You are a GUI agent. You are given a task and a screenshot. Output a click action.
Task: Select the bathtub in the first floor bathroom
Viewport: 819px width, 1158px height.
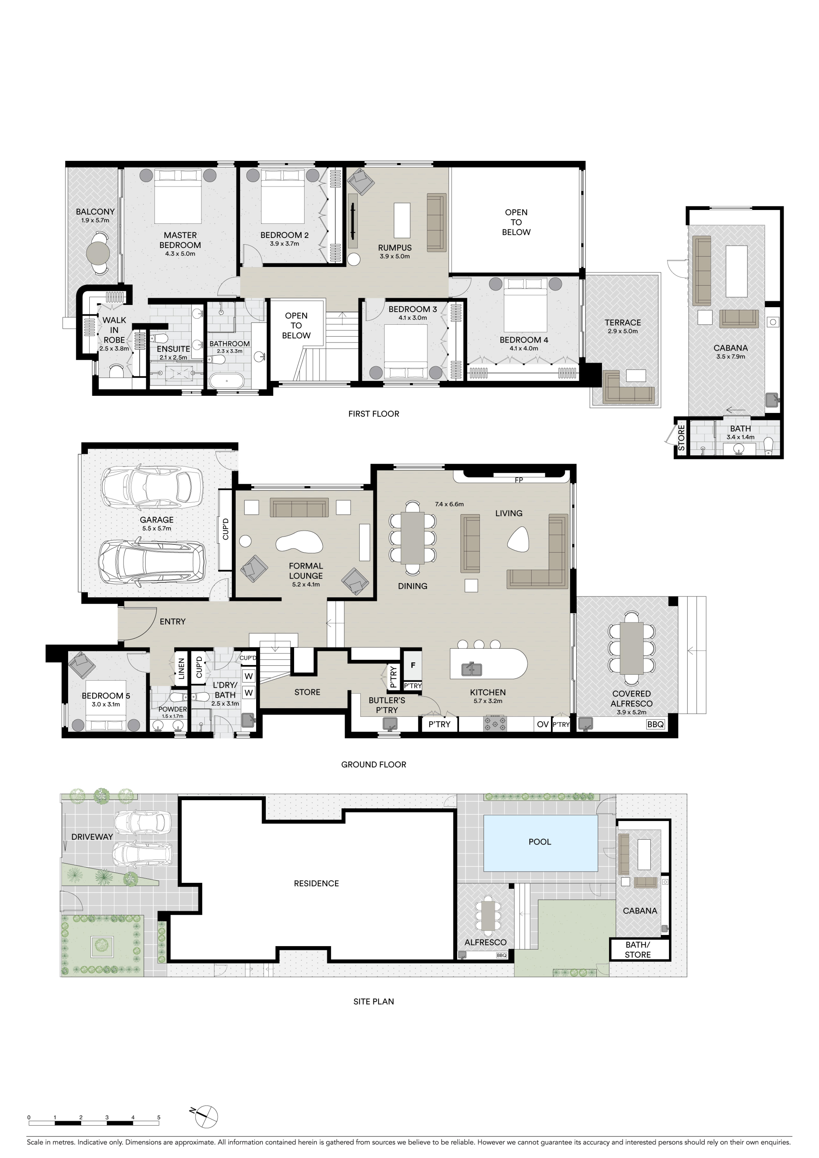[226, 381]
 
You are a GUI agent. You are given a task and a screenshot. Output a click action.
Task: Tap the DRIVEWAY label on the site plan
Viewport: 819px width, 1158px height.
[92, 837]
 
